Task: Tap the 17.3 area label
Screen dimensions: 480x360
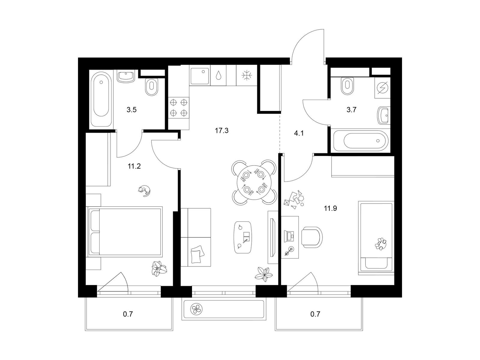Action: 221,131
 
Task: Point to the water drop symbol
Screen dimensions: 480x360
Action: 218,75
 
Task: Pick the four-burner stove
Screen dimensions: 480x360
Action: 178,108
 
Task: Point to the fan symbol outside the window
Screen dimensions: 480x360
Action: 196,309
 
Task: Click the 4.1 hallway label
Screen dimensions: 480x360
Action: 299,133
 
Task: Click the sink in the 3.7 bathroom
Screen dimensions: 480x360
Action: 384,115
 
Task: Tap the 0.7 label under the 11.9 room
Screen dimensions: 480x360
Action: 315,314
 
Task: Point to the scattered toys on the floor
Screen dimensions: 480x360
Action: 294,200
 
